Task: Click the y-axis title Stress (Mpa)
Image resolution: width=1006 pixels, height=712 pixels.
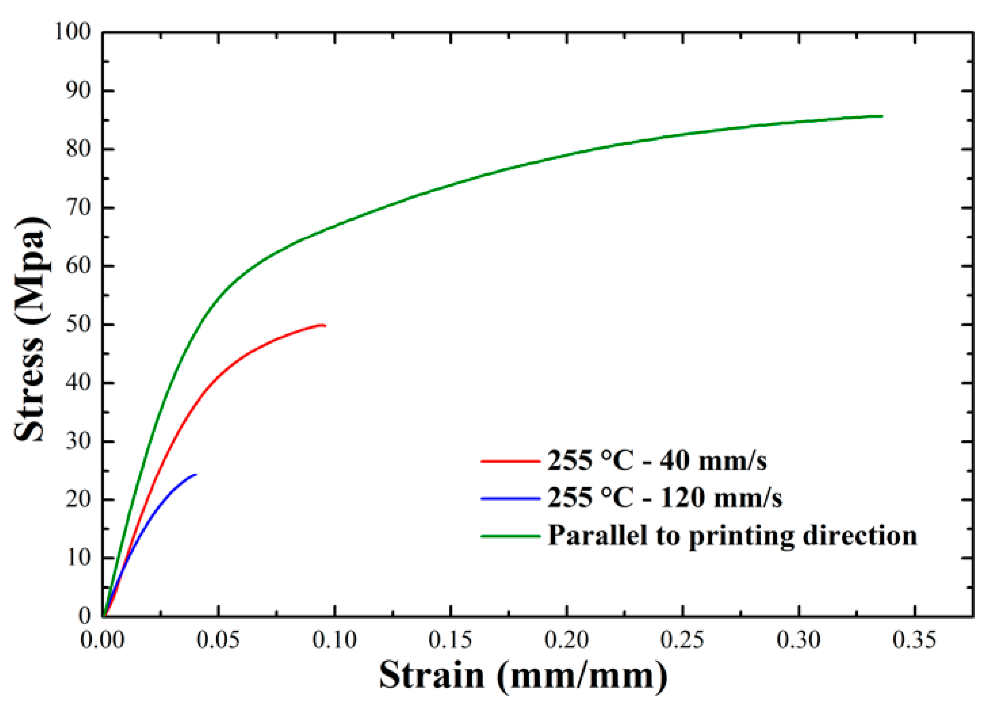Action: pos(31,329)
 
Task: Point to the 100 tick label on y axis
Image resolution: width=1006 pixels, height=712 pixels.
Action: pos(73,32)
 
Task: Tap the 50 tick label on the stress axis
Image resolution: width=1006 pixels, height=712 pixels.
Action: pos(79,324)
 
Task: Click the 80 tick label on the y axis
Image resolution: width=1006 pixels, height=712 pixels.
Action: pos(79,149)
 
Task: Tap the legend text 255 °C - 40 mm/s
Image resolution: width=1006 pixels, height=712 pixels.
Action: pos(656,460)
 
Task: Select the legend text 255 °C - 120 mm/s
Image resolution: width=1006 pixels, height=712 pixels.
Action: pos(664,498)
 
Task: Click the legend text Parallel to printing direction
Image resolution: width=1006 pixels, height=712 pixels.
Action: pos(732,536)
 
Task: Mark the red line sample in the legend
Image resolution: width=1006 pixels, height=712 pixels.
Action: pos(510,461)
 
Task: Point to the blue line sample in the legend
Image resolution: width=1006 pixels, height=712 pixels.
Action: pos(510,498)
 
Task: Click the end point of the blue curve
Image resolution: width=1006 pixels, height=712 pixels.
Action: pos(195,475)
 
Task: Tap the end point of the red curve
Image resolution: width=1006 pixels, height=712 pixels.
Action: pos(325,326)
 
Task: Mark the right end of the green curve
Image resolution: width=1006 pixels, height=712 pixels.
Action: pos(882,116)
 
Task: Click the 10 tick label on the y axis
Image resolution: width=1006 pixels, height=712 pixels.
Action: pos(79,558)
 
